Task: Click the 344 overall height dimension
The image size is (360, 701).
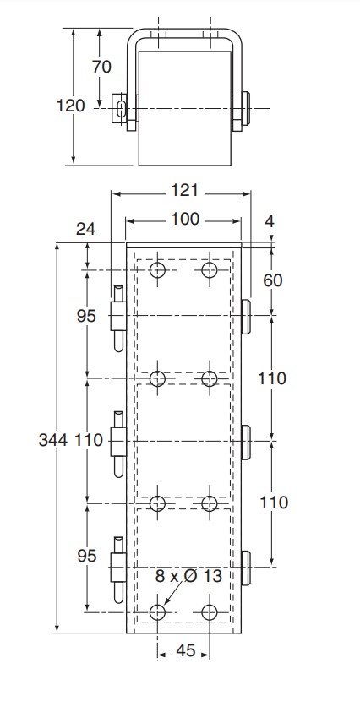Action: [x=52, y=440]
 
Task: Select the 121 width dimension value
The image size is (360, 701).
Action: [x=184, y=191]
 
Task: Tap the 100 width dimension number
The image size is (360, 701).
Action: [x=185, y=219]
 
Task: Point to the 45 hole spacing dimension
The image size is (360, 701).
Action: [x=186, y=650]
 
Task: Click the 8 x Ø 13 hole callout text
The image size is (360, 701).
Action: [x=188, y=576]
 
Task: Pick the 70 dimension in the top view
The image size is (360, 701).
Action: [x=101, y=67]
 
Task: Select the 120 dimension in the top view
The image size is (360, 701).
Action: [x=70, y=106]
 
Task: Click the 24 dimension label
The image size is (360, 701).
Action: [x=85, y=229]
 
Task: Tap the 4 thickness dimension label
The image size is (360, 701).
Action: [x=270, y=221]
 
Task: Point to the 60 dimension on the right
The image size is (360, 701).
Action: [x=273, y=280]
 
